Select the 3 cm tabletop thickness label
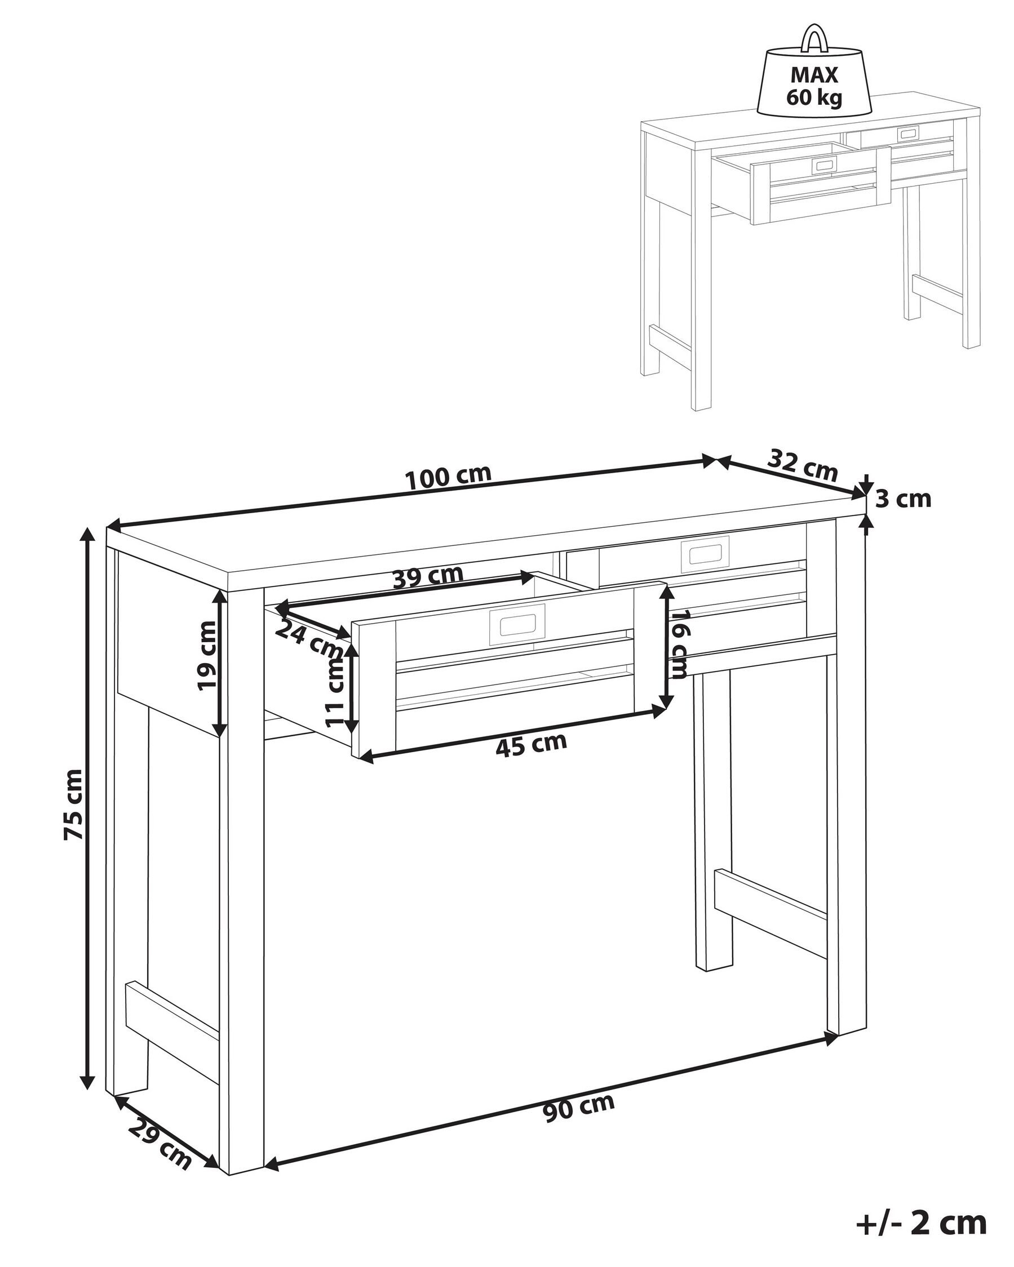pos(904,500)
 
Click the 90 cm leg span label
pos(578,1107)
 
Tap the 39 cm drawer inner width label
pos(428,576)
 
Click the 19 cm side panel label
pos(206,656)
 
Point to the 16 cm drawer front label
pos(679,644)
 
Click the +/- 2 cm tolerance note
pos(920,1223)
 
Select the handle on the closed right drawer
pos(704,554)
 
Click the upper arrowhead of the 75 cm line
pos(87,535)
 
